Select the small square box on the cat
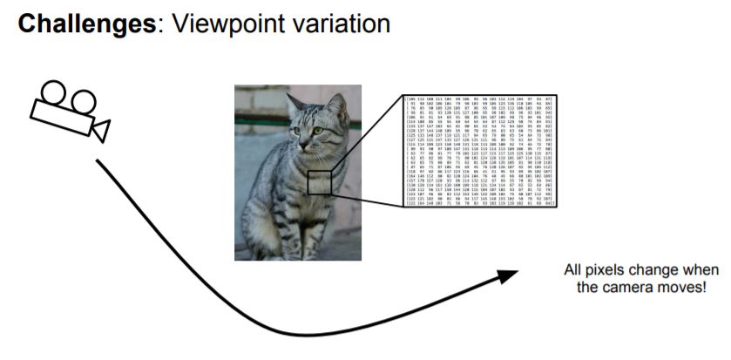[320, 182]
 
